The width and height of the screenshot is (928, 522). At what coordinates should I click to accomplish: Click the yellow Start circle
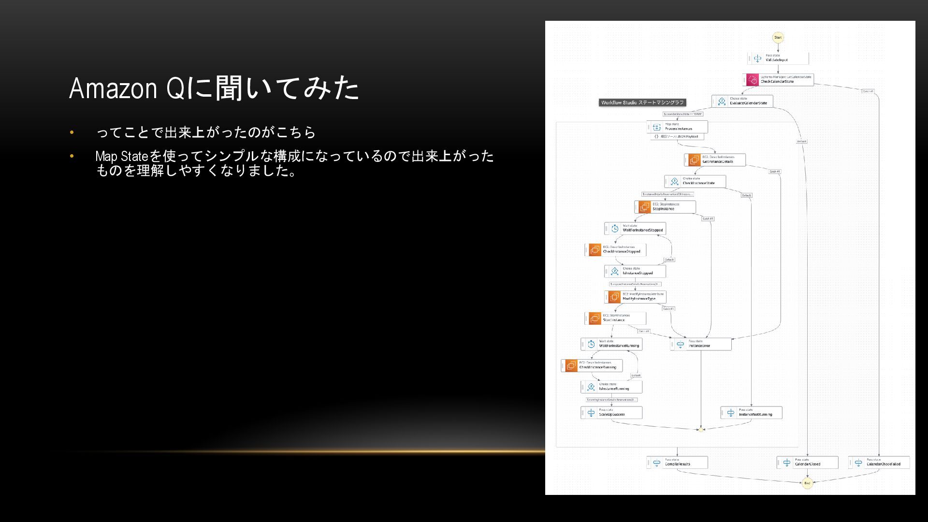[778, 38]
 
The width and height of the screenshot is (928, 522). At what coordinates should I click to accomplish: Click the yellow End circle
[807, 483]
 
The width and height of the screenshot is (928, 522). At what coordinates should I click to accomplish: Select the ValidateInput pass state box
[778, 58]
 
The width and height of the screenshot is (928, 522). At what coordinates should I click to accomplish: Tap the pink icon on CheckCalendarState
[753, 80]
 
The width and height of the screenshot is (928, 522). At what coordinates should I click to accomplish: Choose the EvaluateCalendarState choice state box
[743, 101]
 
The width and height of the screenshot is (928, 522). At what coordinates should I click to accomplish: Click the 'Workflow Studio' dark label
[642, 102]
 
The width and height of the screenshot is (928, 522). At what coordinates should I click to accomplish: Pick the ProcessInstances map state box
[678, 127]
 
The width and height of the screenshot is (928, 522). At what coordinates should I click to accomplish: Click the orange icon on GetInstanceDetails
[695, 159]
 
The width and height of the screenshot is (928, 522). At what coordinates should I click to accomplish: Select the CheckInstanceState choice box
[696, 181]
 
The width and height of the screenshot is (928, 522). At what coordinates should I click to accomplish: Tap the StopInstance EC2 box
[666, 207]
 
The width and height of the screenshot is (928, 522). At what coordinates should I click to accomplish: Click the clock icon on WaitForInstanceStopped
[615, 229]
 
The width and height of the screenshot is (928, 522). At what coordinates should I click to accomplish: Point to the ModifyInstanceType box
[636, 297]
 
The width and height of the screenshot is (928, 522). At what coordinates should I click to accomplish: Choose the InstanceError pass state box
[701, 344]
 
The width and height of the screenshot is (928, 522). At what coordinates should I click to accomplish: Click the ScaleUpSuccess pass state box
[612, 412]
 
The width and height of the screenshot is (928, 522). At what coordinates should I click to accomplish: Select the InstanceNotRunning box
[752, 412]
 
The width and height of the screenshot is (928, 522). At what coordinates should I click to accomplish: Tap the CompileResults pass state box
[678, 462]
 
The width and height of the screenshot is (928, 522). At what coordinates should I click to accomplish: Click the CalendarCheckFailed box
[879, 462]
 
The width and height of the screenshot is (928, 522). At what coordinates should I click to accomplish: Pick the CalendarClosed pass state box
[808, 462]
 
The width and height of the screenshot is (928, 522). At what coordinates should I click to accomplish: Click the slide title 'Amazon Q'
[113, 88]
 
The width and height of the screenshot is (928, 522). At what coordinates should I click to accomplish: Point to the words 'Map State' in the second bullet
[121, 156]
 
